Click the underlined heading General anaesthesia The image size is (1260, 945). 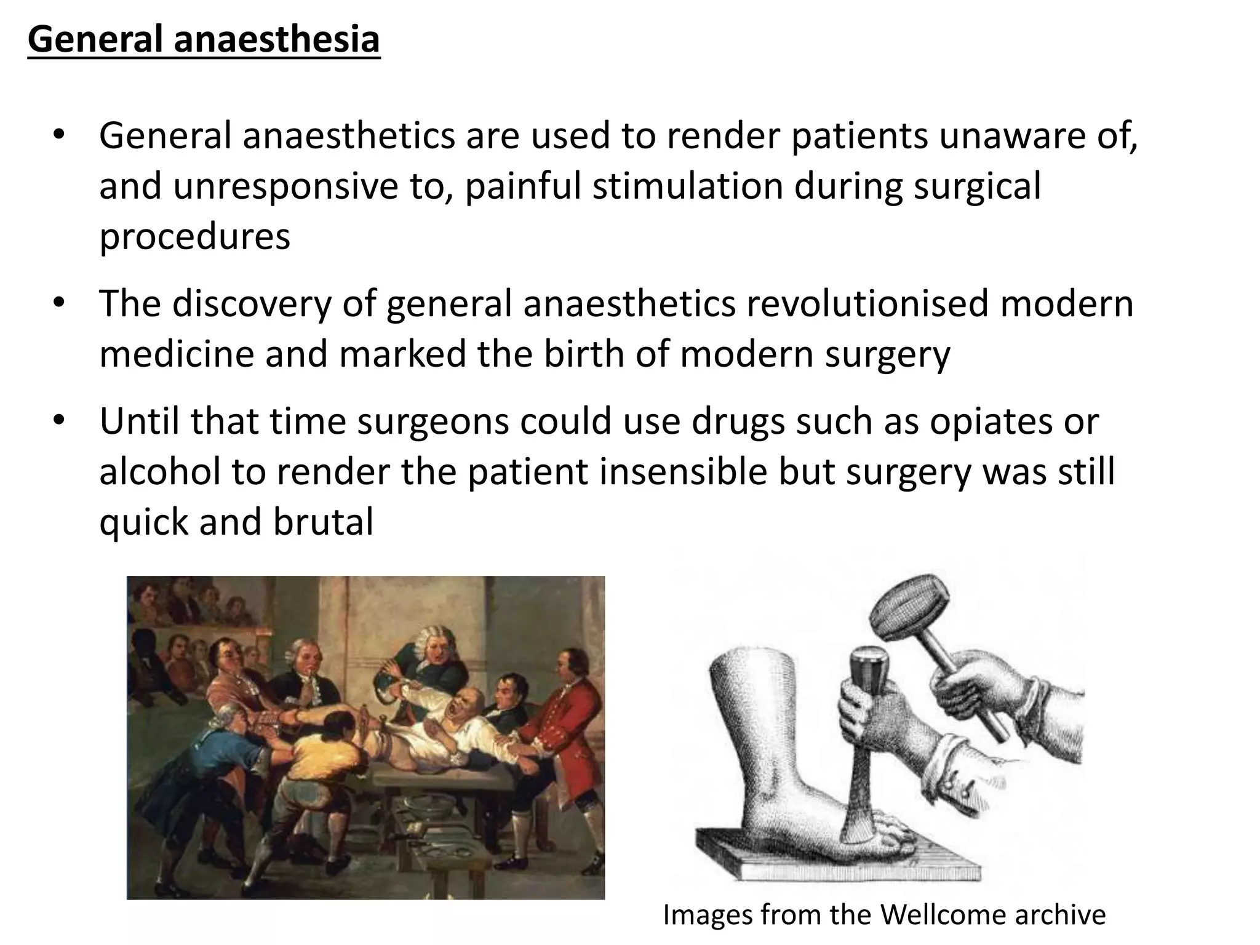point(204,40)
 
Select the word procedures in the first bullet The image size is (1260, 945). point(194,237)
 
